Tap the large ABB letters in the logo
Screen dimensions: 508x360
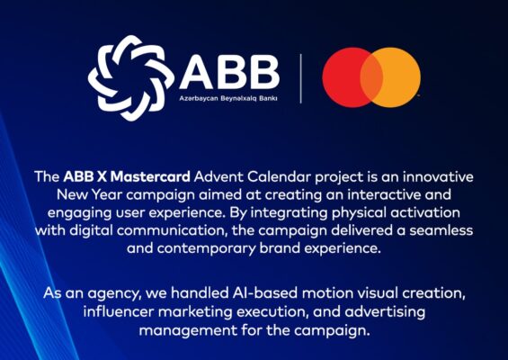(229, 72)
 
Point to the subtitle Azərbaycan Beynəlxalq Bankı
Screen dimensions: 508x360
(228, 98)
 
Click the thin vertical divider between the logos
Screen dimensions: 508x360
(300, 78)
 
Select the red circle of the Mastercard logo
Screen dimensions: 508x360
(342, 77)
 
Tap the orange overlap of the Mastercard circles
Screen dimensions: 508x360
(371, 77)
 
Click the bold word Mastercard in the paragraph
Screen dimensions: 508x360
(150, 176)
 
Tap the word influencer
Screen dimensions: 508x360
(119, 311)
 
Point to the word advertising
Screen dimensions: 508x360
(385, 311)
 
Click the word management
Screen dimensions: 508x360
(188, 330)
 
